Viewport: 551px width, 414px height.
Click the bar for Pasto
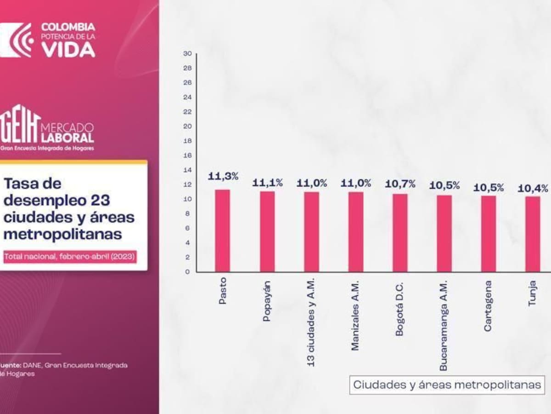[x=222, y=230]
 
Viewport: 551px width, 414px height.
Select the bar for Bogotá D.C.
[x=399, y=233]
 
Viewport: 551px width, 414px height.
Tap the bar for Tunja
[x=533, y=234]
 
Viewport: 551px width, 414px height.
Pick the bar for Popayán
[x=267, y=231]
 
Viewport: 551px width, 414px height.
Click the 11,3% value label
[x=223, y=176]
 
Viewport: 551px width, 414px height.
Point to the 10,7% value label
[x=400, y=184]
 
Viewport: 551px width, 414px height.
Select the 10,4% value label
[x=533, y=188]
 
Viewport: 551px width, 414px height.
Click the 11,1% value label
[x=267, y=183]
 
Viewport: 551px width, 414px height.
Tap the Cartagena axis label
[x=488, y=306]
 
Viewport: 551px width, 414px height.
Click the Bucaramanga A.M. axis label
[x=443, y=326]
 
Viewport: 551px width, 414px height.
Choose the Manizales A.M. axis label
[x=355, y=316]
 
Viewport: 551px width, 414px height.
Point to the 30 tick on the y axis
[x=187, y=53]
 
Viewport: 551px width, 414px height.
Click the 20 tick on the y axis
[x=187, y=126]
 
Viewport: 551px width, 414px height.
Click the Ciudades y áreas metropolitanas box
[x=447, y=385]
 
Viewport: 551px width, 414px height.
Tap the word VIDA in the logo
[x=68, y=49]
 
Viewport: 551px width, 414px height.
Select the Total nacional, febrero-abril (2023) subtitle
[x=70, y=257]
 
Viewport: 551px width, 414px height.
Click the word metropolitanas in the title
[x=63, y=234]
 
